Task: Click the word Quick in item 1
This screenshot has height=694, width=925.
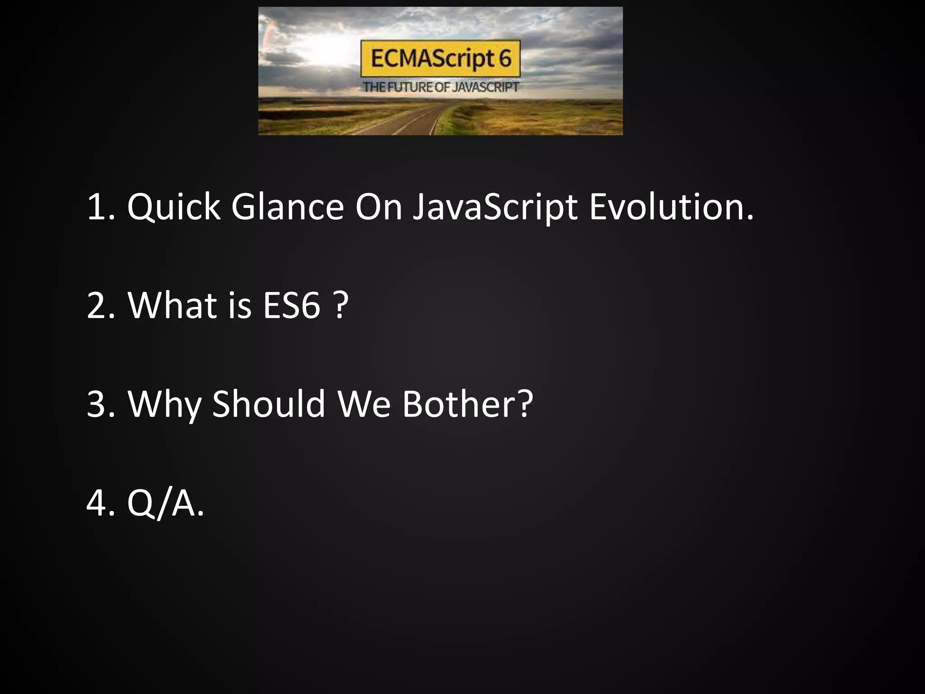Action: point(173,207)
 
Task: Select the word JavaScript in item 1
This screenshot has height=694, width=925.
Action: point(495,207)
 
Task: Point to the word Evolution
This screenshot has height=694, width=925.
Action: point(671,207)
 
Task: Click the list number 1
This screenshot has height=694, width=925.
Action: point(98,207)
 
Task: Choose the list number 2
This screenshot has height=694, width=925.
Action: point(98,305)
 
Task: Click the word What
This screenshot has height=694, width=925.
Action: point(172,305)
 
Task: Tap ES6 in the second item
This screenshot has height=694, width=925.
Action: point(292,305)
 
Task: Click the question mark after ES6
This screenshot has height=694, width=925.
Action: point(342,305)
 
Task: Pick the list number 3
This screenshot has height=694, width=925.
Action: point(98,403)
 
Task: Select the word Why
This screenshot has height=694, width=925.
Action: point(164,403)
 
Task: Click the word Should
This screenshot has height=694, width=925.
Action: point(268,403)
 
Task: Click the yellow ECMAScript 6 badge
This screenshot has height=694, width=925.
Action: point(440,59)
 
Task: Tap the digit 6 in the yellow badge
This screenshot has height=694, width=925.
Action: point(505,59)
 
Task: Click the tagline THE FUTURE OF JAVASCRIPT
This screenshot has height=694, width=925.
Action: point(440,87)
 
